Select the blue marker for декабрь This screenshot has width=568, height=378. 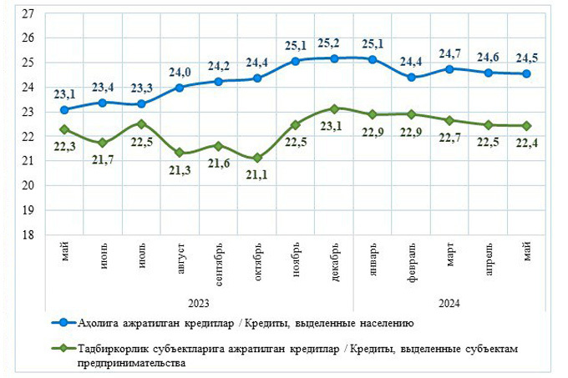pyautogui.click(x=334, y=58)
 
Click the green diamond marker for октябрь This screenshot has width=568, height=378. pyautogui.click(x=257, y=158)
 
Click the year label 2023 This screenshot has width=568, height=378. pyautogui.click(x=200, y=303)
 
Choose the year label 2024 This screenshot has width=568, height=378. pyautogui.click(x=449, y=303)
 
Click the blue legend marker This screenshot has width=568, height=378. pyautogui.click(x=61, y=321)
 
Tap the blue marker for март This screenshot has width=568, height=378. pyautogui.click(x=449, y=69)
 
